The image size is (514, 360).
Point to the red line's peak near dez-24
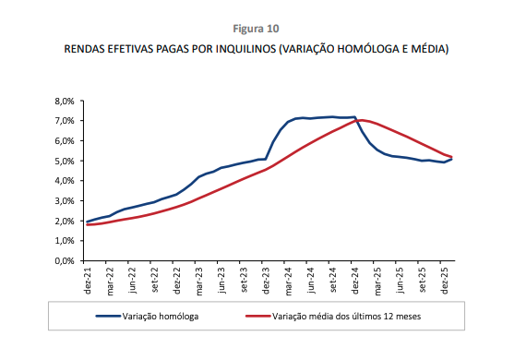point(358,120)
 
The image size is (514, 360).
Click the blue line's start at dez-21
point(88,222)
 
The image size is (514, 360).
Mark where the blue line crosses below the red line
point(357,120)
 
